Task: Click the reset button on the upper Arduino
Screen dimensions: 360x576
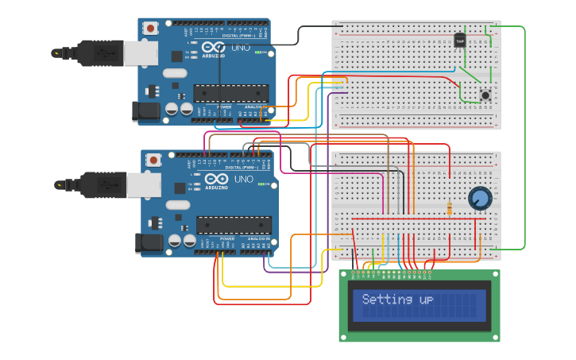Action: click(150, 28)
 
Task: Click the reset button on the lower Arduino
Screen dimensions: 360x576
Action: click(153, 160)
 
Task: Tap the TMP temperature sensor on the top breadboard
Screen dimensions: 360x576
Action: click(460, 41)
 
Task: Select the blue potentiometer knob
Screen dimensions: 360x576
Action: click(479, 199)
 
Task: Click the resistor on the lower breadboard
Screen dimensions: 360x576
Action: click(450, 209)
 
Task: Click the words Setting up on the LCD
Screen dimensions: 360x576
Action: click(397, 300)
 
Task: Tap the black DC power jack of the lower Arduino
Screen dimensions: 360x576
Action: click(146, 243)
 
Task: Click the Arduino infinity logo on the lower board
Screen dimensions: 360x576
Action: click(217, 179)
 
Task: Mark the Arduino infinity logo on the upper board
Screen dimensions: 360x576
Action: click(214, 47)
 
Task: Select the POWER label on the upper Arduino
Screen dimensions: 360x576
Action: click(224, 106)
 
